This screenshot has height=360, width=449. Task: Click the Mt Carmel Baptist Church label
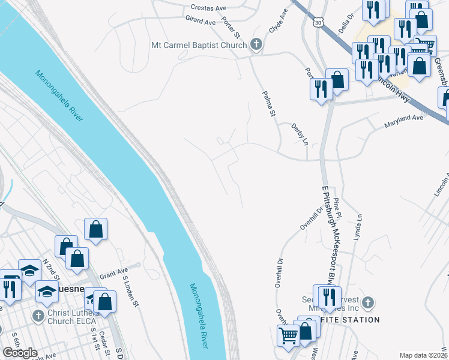pos(199,45)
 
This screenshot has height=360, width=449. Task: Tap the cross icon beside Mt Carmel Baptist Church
pos(256,45)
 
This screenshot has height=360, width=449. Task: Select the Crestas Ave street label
pos(208,8)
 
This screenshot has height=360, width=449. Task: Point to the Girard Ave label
pos(201,22)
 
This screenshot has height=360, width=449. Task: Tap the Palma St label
pos(268,104)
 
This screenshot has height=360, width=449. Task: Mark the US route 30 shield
pos(317,22)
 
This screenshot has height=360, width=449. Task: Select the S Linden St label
pos(130,290)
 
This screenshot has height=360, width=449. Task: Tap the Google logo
pos(20,353)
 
